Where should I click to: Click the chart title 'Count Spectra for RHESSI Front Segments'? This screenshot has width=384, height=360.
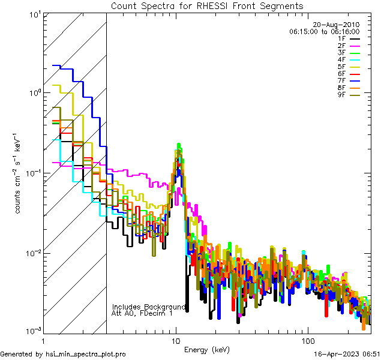pyautogui.click(x=207, y=6)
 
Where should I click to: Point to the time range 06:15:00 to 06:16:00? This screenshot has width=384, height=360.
pyautogui.click(x=324, y=31)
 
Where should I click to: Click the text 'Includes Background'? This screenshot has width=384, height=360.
pyautogui.click(x=149, y=307)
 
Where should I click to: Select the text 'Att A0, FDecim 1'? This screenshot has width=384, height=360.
pyautogui.click(x=143, y=313)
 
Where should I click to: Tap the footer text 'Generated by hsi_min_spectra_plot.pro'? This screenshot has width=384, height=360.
pyautogui.click(x=63, y=354)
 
